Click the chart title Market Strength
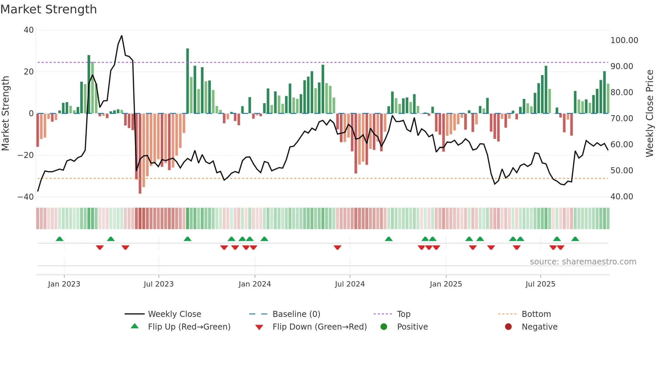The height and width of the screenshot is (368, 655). click(x=48, y=9)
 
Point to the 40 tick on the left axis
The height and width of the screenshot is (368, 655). click(x=29, y=30)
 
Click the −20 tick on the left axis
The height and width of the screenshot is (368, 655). click(x=26, y=155)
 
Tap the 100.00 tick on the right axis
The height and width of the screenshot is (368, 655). click(x=624, y=40)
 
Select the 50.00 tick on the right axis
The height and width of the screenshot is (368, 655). click(x=622, y=171)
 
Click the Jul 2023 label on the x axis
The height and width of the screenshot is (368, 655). click(x=158, y=284)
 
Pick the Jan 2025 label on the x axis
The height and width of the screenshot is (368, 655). click(x=446, y=284)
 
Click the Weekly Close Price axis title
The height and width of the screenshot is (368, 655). click(x=649, y=114)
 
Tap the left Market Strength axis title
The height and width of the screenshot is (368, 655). click(x=5, y=114)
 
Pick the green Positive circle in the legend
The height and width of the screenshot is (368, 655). click(x=384, y=327)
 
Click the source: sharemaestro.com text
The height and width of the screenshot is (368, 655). click(x=583, y=262)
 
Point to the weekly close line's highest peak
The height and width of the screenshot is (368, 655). click(x=122, y=36)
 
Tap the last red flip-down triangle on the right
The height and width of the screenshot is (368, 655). click(x=560, y=247)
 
